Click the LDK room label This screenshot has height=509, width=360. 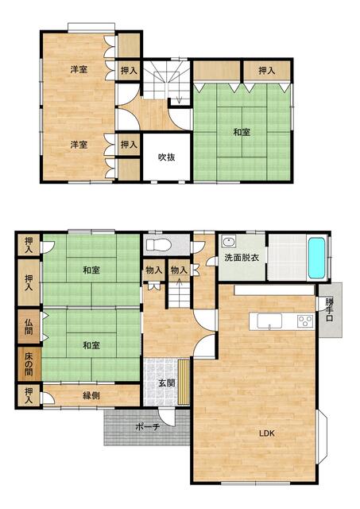[x=267, y=433]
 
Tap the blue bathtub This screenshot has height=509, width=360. [x=316, y=258]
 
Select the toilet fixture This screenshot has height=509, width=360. [x=159, y=244]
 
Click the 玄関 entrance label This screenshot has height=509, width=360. [x=167, y=383]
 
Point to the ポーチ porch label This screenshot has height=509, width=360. [x=147, y=426]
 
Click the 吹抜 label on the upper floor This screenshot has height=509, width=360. [x=167, y=157]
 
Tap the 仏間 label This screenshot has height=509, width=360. [x=29, y=327]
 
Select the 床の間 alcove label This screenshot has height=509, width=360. [x=29, y=364]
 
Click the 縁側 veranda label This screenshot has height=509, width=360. [x=91, y=395]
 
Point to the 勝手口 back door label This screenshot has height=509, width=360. [x=330, y=309]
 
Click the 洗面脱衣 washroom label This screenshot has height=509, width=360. [x=242, y=258]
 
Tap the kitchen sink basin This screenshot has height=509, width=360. [x=269, y=321]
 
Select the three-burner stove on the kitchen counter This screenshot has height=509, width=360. [x=305, y=321]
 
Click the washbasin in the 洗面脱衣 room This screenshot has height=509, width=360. [x=229, y=242]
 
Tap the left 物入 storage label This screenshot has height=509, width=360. [x=153, y=270]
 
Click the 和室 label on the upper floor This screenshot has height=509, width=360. [x=242, y=132]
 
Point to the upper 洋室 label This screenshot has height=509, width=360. [x=79, y=69]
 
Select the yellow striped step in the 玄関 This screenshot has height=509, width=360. [x=184, y=382]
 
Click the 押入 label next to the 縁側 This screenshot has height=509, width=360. [x=29, y=395]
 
